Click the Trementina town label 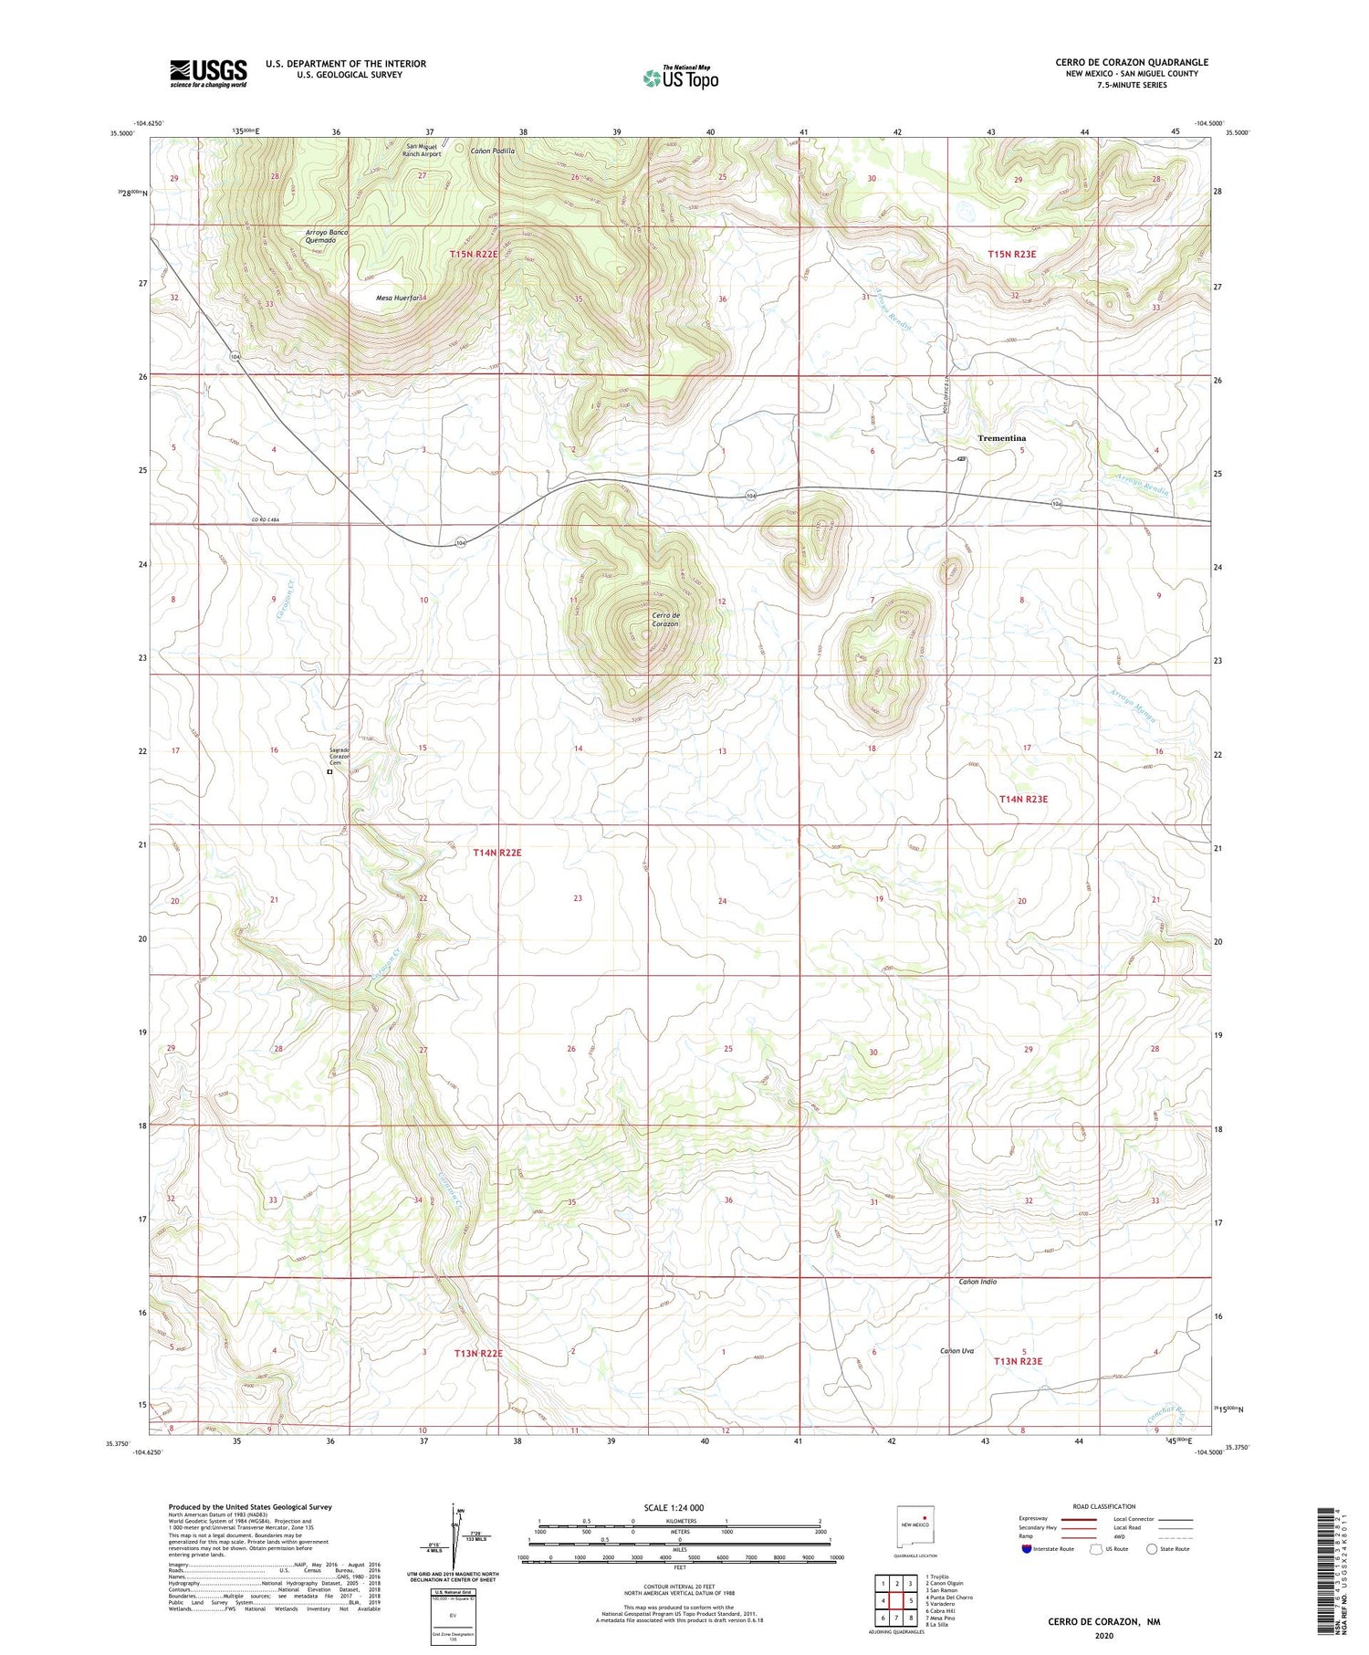(1001, 438)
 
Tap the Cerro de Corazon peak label (665, 619)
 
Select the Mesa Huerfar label (398, 298)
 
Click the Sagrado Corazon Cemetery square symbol (329, 771)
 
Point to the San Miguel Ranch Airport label (422, 150)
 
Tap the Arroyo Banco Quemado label (327, 236)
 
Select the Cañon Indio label (977, 1282)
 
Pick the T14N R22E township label (497, 853)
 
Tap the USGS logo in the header (208, 72)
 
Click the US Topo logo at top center (680, 78)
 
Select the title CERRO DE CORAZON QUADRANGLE (1132, 62)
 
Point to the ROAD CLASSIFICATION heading (1103, 1506)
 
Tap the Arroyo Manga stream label (1134, 704)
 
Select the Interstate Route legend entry (1045, 1549)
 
